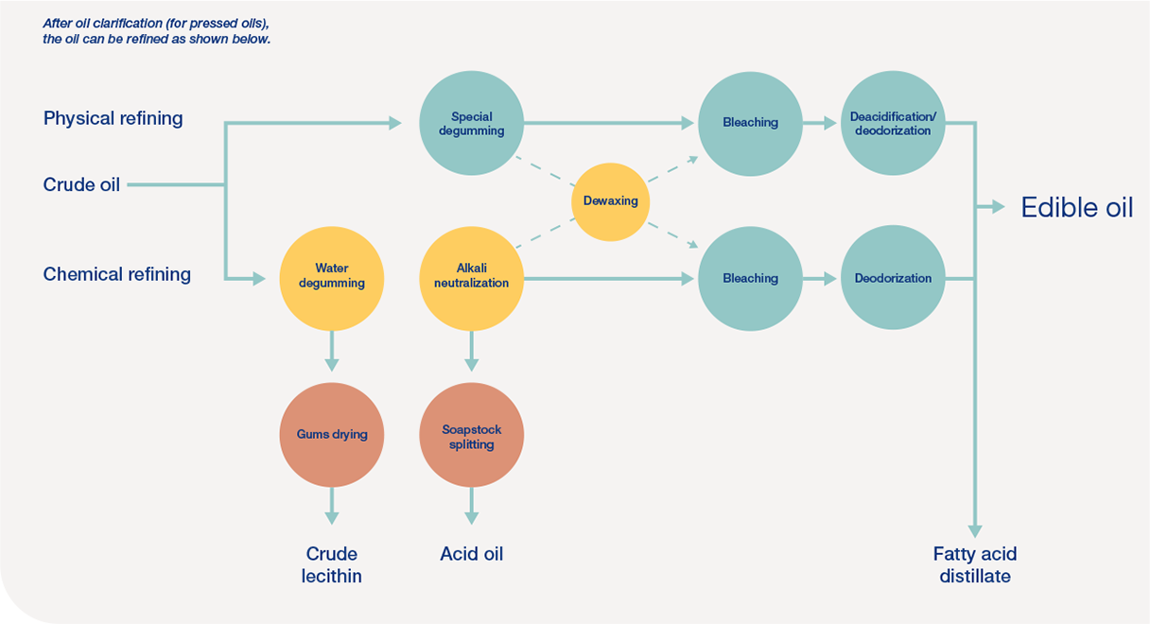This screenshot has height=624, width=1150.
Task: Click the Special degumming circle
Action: (471, 123)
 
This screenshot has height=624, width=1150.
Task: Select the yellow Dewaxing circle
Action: (611, 201)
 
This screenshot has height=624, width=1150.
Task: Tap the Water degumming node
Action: (331, 277)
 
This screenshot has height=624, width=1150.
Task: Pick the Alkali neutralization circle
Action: (471, 277)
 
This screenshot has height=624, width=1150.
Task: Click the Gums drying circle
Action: (331, 434)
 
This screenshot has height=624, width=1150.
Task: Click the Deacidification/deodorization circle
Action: (892, 123)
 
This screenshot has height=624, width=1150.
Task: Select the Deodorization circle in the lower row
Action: (892, 278)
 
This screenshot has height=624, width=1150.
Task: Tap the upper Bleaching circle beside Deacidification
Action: (750, 123)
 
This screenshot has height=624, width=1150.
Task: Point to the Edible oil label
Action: (1076, 208)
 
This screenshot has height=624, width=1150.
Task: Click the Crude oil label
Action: (81, 185)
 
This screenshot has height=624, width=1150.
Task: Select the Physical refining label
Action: (113, 118)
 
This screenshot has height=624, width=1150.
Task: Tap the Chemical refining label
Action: (116, 274)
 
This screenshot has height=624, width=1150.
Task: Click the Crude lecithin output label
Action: (332, 564)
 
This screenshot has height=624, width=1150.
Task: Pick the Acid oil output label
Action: (471, 554)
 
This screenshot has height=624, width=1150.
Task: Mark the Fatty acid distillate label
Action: (975, 564)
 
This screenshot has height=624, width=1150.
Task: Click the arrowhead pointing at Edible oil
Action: (998, 207)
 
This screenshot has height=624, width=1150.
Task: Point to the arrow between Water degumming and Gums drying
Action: (331, 352)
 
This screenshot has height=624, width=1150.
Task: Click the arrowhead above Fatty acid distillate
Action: (975, 530)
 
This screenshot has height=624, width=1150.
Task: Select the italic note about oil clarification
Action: (157, 31)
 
